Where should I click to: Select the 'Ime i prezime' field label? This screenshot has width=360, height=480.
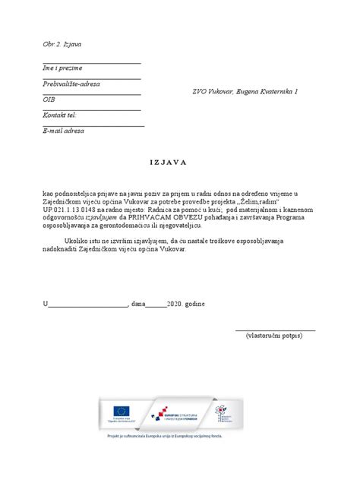[x=62, y=68]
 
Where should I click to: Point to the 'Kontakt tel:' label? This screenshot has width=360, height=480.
[x=60, y=115]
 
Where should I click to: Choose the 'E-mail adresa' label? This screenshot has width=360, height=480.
[x=64, y=131]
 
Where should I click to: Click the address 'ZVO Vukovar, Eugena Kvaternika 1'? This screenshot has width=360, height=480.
[x=244, y=91]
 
